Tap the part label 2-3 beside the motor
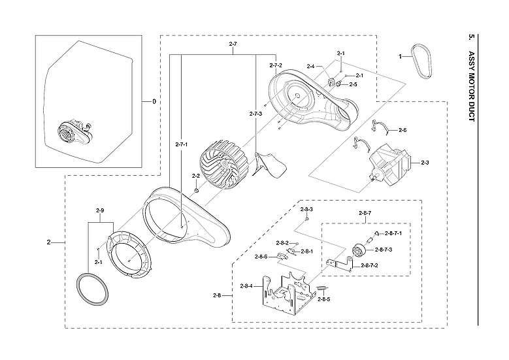425,163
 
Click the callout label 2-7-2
276,65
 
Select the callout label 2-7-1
181,144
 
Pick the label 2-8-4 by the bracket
246,286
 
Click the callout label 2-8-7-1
393,233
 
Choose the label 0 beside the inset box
154,102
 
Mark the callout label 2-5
353,84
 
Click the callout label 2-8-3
306,209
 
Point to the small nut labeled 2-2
195,189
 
